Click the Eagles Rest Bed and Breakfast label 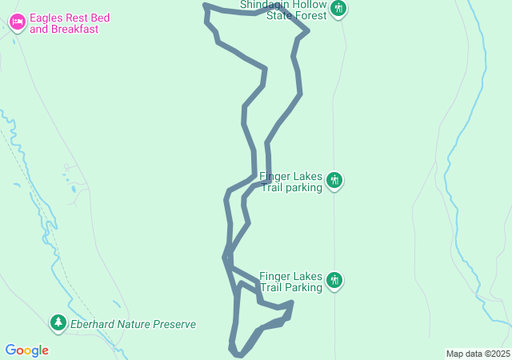point(69,23)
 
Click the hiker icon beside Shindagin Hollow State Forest point(338,9)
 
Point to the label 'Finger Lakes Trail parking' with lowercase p point(290,182)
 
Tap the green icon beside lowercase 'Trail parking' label point(335,181)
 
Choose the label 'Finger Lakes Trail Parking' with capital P point(290,281)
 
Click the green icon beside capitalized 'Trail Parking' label point(335,280)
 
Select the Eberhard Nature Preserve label point(133,324)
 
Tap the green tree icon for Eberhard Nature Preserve point(58,323)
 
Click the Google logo point(26,350)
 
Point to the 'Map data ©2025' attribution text point(478,354)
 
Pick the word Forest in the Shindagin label point(310,15)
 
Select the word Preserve point(174,324)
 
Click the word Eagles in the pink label point(47,18)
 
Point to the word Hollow point(308,5)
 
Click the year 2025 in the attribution point(499,354)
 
